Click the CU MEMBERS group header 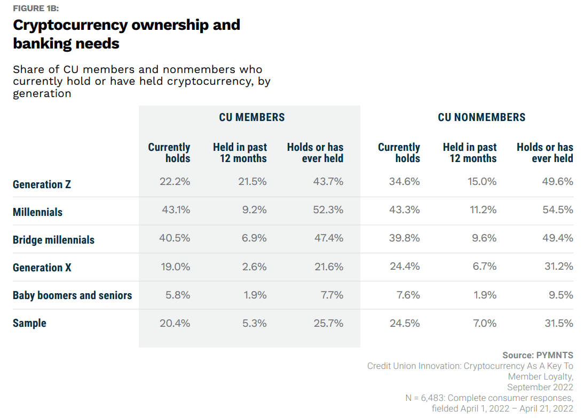coord(252,117)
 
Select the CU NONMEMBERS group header coord(482,117)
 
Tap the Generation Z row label coord(42,184)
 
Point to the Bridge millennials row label coord(53,240)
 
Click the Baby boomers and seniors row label coord(72,295)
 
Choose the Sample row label coord(29,323)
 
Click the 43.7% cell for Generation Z coord(328,182)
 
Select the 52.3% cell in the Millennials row coord(328,209)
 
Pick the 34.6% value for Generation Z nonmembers coord(405,182)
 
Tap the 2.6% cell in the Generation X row coord(254,267)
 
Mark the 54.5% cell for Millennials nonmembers coord(558,209)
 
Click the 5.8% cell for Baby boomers coord(178,295)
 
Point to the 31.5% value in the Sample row coord(558,323)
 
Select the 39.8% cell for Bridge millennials coord(405,238)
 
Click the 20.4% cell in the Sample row coord(175,323)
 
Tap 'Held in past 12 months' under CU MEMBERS coord(240,152)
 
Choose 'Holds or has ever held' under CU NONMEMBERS coord(544,152)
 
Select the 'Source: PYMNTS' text coord(538,355)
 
